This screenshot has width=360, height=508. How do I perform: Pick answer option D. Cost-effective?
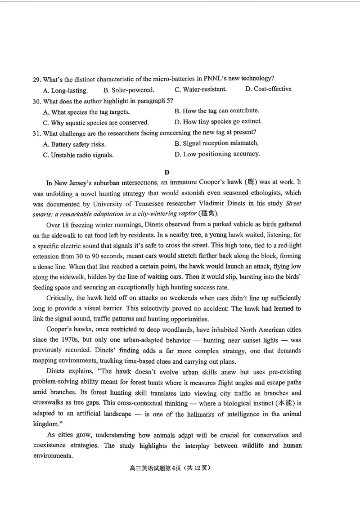pos(268,89)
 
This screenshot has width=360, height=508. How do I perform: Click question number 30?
pos(36,101)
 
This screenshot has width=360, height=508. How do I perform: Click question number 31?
pos(36,133)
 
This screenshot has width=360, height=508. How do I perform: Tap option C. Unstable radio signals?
pos(78,155)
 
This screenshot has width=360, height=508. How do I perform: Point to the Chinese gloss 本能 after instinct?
pos(282,403)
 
